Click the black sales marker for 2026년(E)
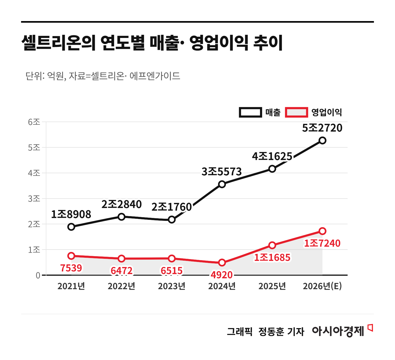(x=322, y=140)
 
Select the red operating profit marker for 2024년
(x=222, y=262)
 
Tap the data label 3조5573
(x=221, y=172)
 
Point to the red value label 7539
(x=71, y=268)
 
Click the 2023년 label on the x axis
(x=172, y=286)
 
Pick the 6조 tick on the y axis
(x=34, y=122)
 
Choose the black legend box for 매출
(x=250, y=112)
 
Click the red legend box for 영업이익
(x=297, y=112)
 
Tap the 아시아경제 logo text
(x=338, y=331)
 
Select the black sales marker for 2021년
(x=71, y=227)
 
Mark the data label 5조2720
(x=322, y=128)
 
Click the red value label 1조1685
(x=272, y=257)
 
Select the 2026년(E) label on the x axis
(x=322, y=286)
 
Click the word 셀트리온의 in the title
(x=58, y=43)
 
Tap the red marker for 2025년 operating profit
(x=272, y=245)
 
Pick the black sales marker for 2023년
(x=172, y=219)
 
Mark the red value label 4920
(x=222, y=275)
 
